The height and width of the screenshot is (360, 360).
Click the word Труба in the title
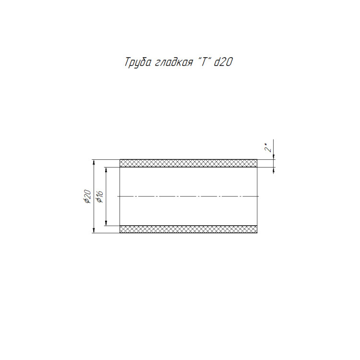(x=138, y=62)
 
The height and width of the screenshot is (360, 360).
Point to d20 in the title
(x=223, y=61)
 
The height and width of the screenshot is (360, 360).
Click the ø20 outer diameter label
(x=88, y=196)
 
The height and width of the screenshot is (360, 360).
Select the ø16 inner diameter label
(x=100, y=197)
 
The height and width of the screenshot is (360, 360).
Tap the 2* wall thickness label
(x=268, y=147)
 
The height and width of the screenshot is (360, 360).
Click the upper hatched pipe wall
(x=188, y=163)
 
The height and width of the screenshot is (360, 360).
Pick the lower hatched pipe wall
(x=188, y=229)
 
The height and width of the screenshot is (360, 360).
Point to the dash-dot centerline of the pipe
(x=188, y=196)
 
